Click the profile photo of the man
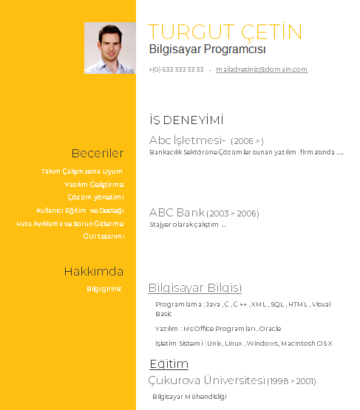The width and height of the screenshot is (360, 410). [109, 48]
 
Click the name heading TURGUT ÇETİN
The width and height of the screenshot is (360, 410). [225, 33]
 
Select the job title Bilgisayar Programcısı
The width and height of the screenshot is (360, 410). [207, 50]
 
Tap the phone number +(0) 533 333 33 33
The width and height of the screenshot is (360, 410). [176, 69]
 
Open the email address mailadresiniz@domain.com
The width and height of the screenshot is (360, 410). [261, 69]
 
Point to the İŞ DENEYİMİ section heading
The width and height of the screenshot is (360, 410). [186, 120]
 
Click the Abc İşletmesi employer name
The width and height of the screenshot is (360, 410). [187, 140]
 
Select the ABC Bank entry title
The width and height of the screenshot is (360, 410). [177, 213]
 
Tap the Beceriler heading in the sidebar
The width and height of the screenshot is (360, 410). [97, 154]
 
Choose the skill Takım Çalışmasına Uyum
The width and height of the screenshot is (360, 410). [82, 171]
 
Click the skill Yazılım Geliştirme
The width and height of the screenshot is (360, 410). [94, 185]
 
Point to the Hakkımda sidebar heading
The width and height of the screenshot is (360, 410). [93, 271]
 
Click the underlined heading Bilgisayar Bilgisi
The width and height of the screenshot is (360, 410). [194, 288]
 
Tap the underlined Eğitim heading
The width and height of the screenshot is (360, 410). [169, 364]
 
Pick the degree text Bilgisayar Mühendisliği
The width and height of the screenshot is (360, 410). [189, 397]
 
